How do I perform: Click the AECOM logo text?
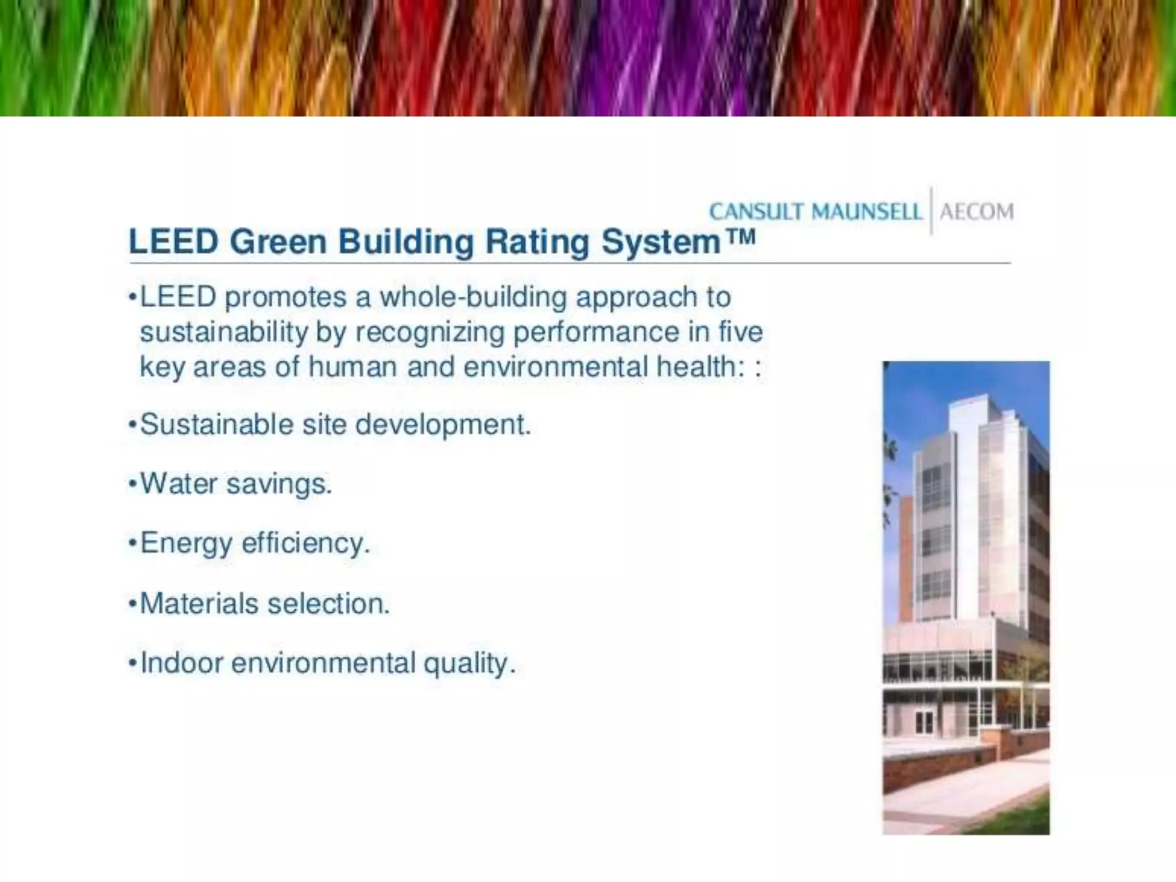977,212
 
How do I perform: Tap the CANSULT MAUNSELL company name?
815,212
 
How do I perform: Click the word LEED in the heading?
173,242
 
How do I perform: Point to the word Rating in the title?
537,242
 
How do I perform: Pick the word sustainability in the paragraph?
223,332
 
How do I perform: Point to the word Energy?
186,543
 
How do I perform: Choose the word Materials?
199,604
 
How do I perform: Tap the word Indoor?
181,663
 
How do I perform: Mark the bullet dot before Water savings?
133,484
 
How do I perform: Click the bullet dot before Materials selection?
133,604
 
